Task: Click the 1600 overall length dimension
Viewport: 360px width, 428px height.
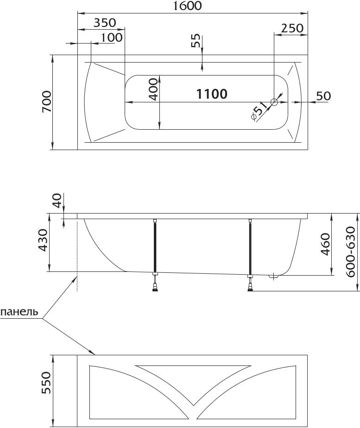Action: coord(188,6)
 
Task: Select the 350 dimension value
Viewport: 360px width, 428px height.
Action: coord(105,23)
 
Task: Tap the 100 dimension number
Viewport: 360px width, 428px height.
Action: coord(112,38)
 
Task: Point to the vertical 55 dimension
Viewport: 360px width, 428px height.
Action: coord(196,40)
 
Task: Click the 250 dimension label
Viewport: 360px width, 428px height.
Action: coord(292,28)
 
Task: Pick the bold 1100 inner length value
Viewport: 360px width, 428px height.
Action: coord(212,94)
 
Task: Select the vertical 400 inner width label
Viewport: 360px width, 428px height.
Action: coord(153,89)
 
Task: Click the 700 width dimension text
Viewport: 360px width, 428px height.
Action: coord(47,102)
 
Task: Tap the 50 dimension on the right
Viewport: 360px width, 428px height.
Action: coord(323,96)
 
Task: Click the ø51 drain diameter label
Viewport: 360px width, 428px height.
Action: coord(259,111)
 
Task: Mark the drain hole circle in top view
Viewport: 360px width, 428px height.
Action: coord(274,102)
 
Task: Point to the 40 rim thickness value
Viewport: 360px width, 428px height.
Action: coord(57,201)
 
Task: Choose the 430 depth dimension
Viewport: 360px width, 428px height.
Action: coord(43,240)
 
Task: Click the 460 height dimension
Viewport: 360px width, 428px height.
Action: coord(325,244)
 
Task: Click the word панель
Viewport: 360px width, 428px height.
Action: coord(19,312)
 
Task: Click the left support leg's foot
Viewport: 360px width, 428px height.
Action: coord(155,289)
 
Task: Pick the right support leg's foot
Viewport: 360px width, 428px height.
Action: coord(250,289)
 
